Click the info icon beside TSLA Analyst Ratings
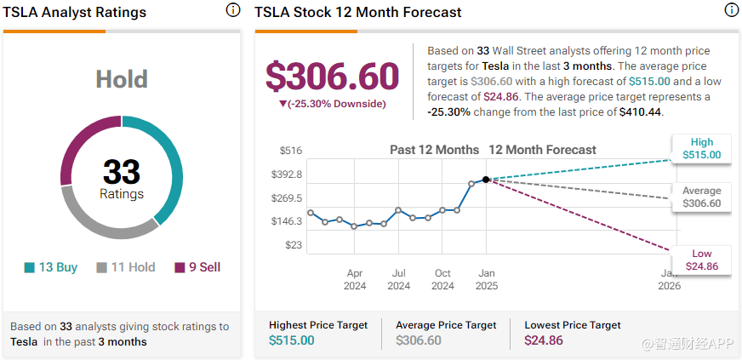coord(233,10)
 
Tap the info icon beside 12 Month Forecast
coord(732,10)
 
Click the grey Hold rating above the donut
coord(122,79)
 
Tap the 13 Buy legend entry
coord(51,268)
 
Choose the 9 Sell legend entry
coord(197,268)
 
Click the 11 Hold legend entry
coord(125,268)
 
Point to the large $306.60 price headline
coord(332,77)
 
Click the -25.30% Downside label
coord(332,104)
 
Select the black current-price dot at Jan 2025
coord(486,180)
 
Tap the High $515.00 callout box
coord(701,149)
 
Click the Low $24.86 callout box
coord(701,260)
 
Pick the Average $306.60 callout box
coord(701,197)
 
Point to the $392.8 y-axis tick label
coord(286,174)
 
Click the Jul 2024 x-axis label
coord(398,280)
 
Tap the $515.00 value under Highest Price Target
coord(292,340)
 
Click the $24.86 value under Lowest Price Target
coord(544,340)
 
